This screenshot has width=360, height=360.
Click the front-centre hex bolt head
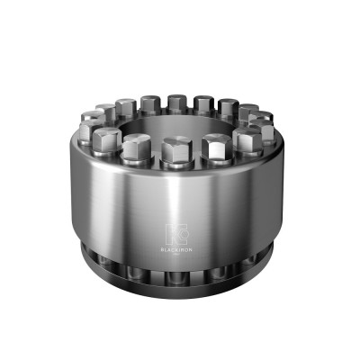point(178,146)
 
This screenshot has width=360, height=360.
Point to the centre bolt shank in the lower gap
point(178,271)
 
